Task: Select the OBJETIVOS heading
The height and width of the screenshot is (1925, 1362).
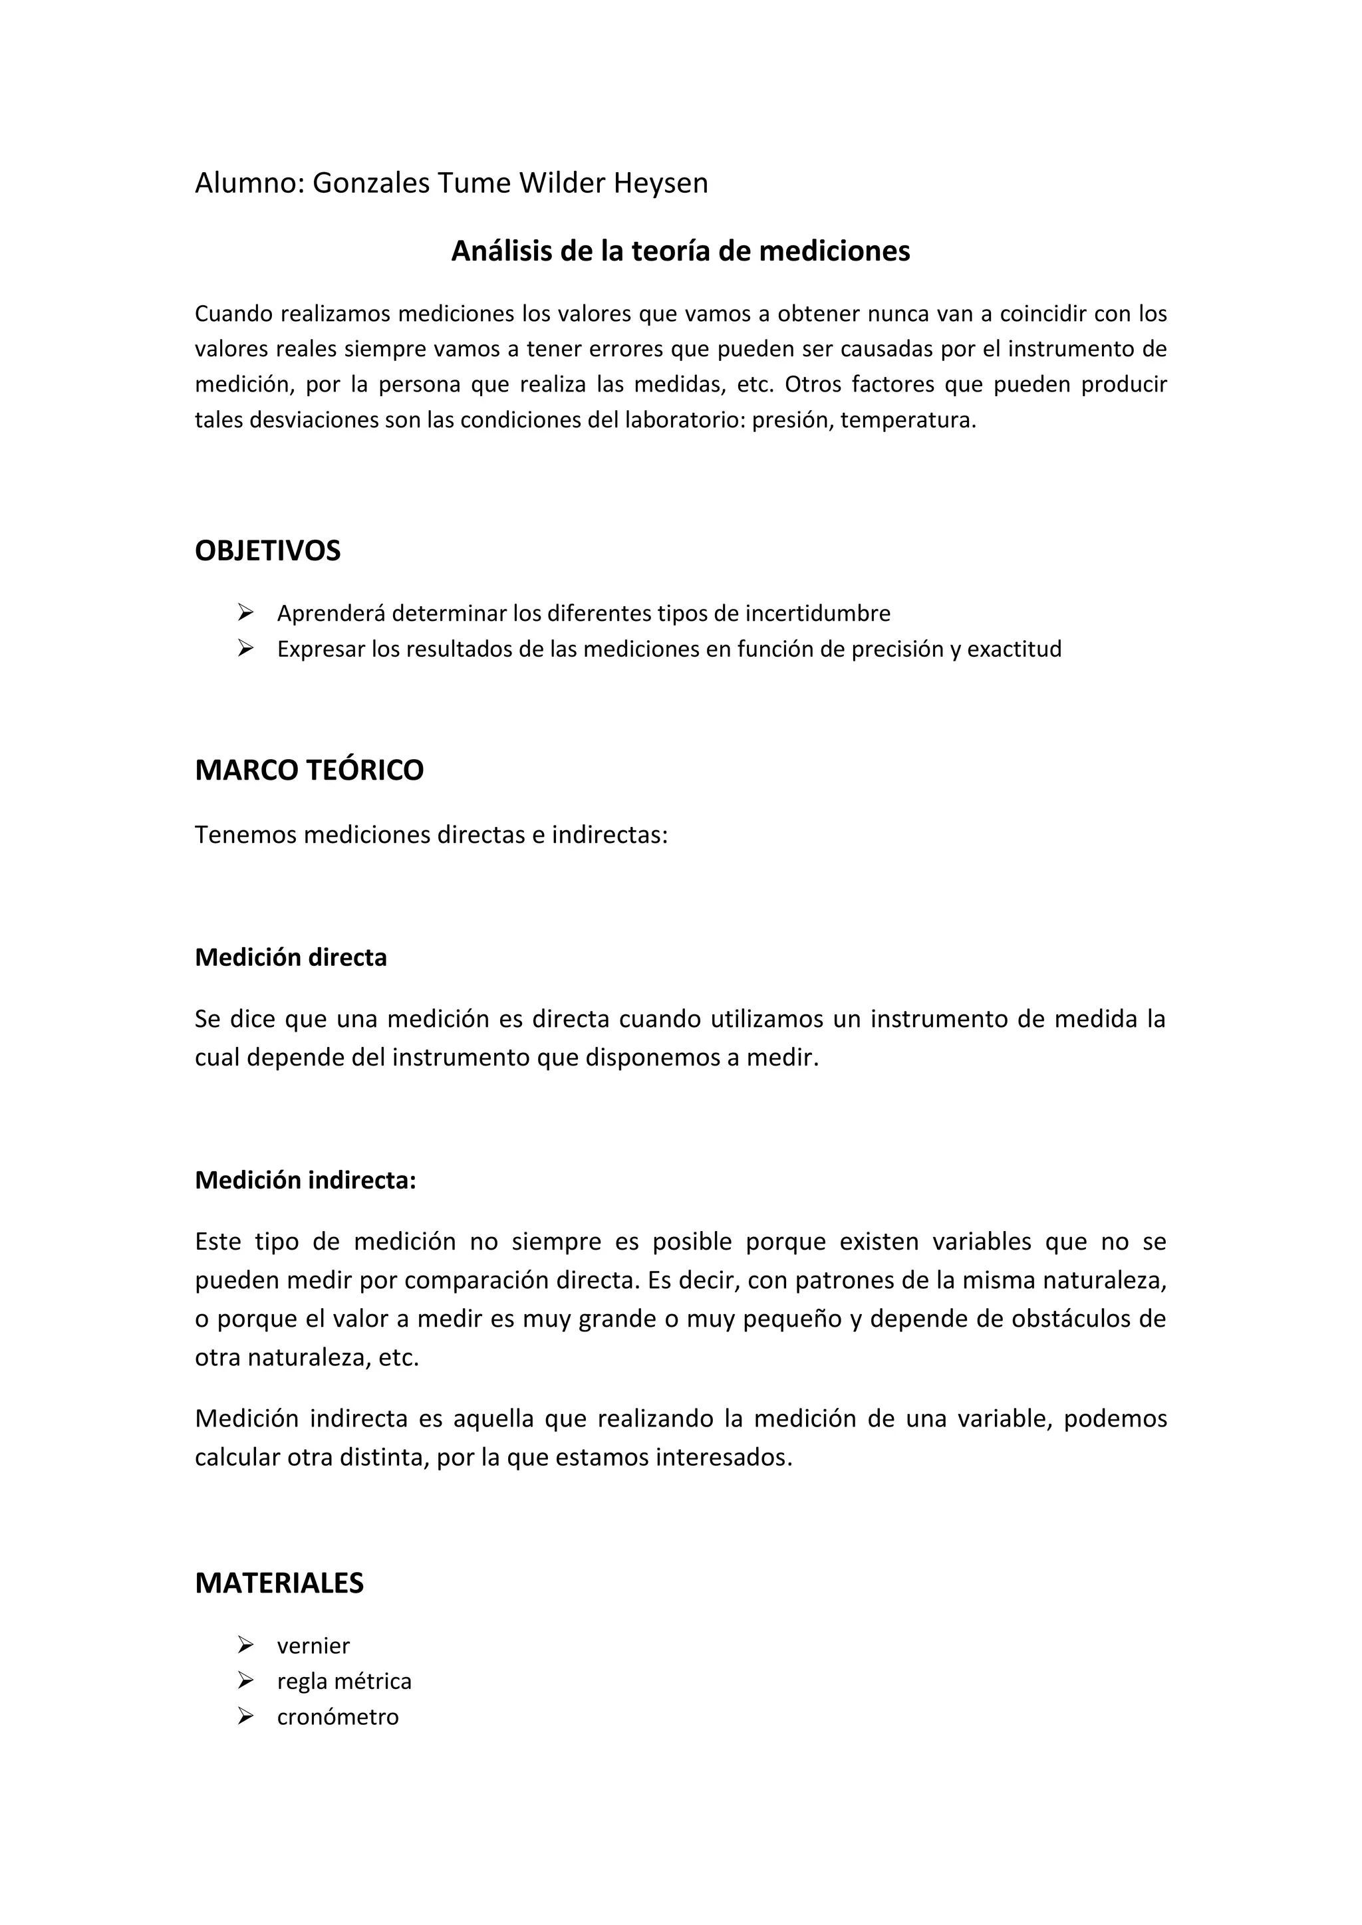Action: pyautogui.click(x=267, y=551)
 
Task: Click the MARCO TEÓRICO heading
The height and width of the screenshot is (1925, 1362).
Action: pyautogui.click(x=309, y=770)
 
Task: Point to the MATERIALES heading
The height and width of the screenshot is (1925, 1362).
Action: pyautogui.click(x=279, y=1583)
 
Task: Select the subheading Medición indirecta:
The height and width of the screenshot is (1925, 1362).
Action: pyautogui.click(x=305, y=1181)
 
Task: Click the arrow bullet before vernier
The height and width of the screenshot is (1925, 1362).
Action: pyautogui.click(x=245, y=1646)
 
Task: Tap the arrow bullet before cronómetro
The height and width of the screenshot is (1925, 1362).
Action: pyautogui.click(x=245, y=1716)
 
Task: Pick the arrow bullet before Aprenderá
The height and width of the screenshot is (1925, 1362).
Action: pyautogui.click(x=245, y=614)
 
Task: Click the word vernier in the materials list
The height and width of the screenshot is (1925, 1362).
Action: pyautogui.click(x=313, y=1646)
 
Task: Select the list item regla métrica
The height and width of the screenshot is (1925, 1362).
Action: pyautogui.click(x=344, y=1681)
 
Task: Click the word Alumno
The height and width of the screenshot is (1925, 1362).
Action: pyautogui.click(x=248, y=183)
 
